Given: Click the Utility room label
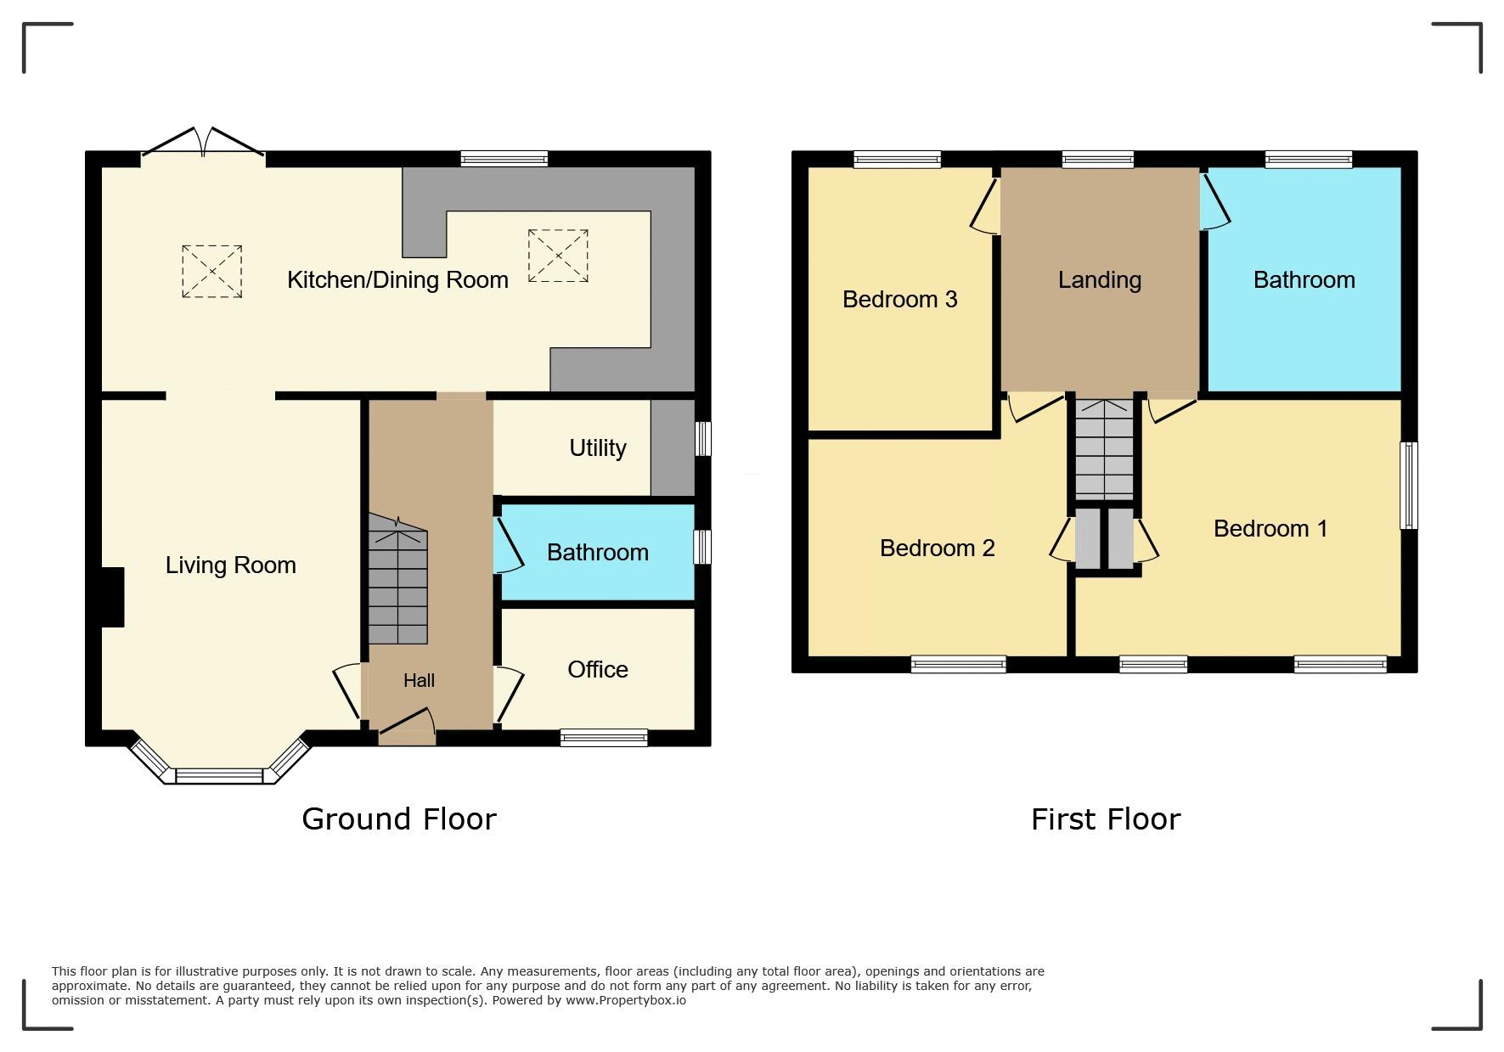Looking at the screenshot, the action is pos(598,448).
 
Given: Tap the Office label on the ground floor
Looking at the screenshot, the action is pos(598,670).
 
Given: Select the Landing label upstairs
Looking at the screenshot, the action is pos(1100,281).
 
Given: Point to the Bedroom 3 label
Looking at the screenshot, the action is pos(900,299).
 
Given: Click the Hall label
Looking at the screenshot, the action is pos(419,680).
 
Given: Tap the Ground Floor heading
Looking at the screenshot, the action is pos(399,819).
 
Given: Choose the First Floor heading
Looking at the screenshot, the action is pos(1106,819).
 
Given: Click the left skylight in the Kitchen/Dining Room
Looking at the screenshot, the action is pos(211,272).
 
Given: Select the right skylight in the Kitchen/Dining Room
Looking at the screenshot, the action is pos(558,255).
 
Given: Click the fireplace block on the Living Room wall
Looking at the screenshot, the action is pos(113,597).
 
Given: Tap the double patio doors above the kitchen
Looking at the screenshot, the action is pos(203,143).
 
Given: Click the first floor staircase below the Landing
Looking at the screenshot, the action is pos(1104,449).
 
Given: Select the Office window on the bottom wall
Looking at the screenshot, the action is pos(604,738).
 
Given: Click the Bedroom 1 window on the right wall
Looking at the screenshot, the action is pos(1409,485).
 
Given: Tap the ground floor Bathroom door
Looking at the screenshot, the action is pos(508,545).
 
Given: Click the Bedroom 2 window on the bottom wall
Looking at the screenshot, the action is pos(959,665).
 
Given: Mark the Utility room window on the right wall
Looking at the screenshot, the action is pos(703,439).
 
